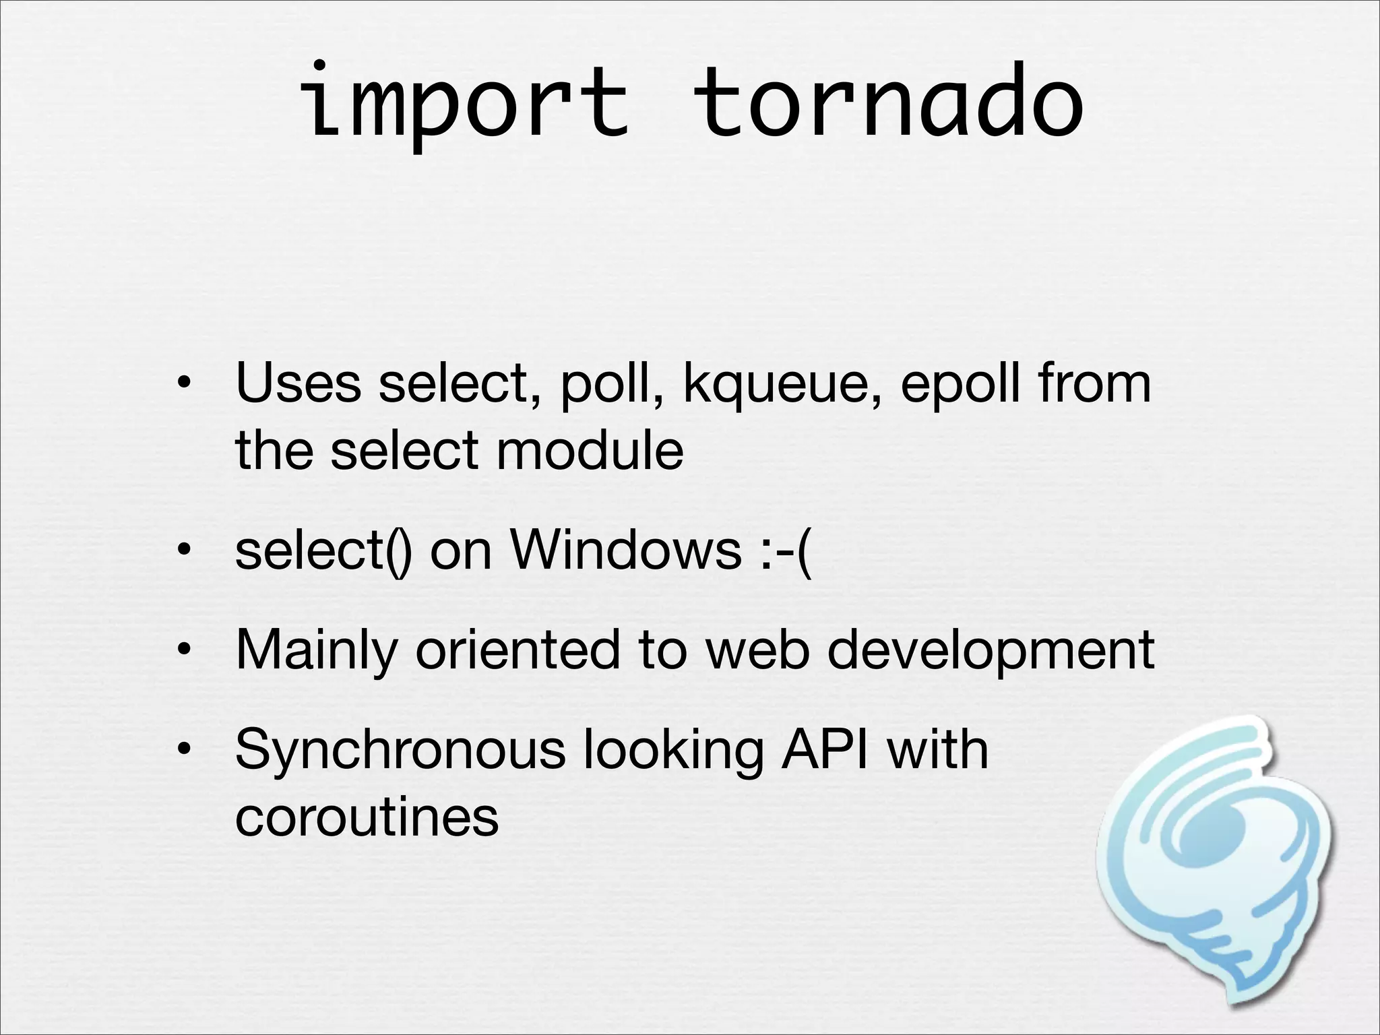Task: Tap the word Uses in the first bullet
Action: [298, 383]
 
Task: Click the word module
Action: [590, 450]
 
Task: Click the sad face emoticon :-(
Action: [787, 551]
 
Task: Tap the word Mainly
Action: [315, 652]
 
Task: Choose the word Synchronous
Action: [400, 751]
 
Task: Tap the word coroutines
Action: [367, 817]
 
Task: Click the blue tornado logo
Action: [1213, 862]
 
